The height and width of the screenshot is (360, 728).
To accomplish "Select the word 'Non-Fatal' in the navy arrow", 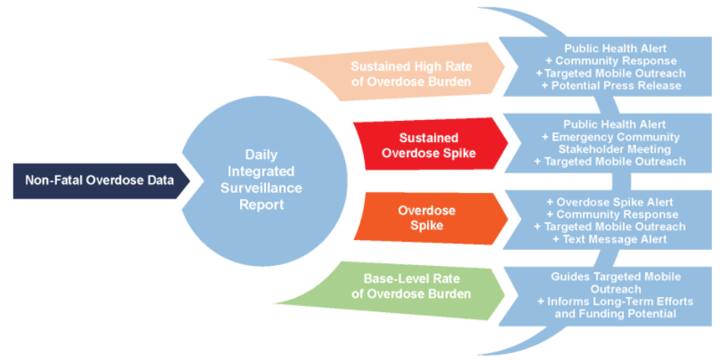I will (x=52, y=181).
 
